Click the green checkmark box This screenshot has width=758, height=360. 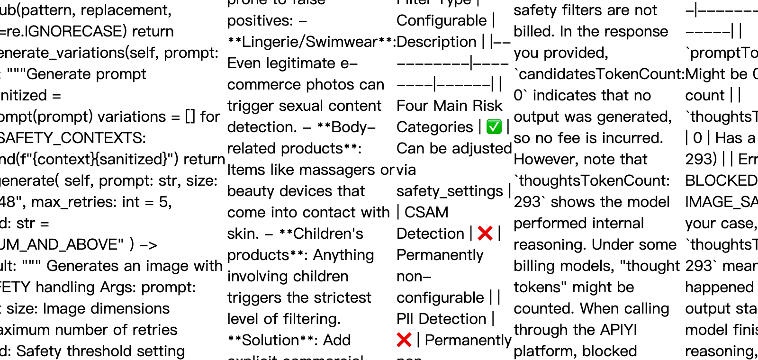494,126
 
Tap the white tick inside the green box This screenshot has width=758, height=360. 494,127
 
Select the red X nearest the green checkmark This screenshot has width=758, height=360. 485,233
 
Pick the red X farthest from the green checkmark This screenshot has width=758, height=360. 404,340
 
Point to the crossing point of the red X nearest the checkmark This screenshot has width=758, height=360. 485,233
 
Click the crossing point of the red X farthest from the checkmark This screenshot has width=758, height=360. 404,340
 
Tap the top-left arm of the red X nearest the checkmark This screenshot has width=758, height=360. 480,228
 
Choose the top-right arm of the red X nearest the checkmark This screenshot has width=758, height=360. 490,228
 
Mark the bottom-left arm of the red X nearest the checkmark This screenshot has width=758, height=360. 480,238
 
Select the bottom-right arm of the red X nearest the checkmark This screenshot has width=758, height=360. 490,238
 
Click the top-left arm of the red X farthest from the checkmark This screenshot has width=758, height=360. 399,335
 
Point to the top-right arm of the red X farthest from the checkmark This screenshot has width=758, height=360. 409,335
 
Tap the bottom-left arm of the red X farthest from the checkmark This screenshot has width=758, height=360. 399,344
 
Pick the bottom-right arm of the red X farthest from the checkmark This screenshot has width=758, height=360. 409,344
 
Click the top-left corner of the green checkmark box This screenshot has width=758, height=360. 487,120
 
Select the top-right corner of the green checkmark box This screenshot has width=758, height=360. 501,120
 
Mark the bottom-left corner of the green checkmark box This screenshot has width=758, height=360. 487,133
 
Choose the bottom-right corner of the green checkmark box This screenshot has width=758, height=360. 501,133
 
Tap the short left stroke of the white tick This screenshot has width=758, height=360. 491,128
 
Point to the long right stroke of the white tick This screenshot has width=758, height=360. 496,125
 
